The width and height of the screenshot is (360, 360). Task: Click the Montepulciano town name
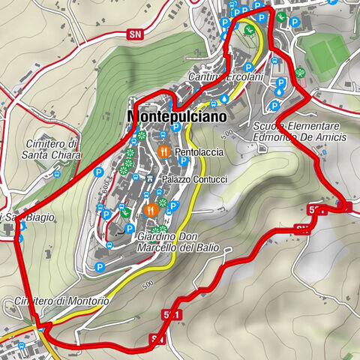coord(176,117)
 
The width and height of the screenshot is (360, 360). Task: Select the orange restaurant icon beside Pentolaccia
coord(164,152)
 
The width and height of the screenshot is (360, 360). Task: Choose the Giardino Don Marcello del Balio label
coord(174,242)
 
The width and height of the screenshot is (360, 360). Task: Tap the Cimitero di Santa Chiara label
coord(52,149)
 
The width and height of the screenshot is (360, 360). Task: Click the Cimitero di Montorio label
coord(60,301)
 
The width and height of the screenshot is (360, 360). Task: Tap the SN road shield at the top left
coord(135,34)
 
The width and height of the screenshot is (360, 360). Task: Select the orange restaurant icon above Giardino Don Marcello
coord(150,209)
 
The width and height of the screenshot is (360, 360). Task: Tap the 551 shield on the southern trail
coord(172,316)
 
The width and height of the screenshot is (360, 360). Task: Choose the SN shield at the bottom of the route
coord(157,340)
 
